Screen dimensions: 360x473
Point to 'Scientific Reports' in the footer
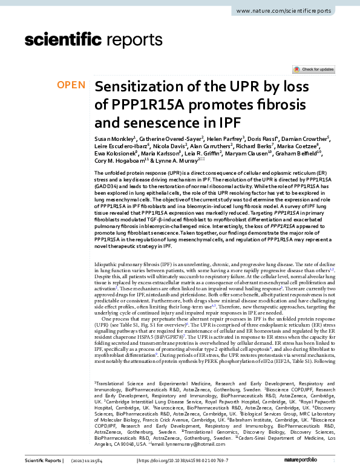(42, 461)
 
